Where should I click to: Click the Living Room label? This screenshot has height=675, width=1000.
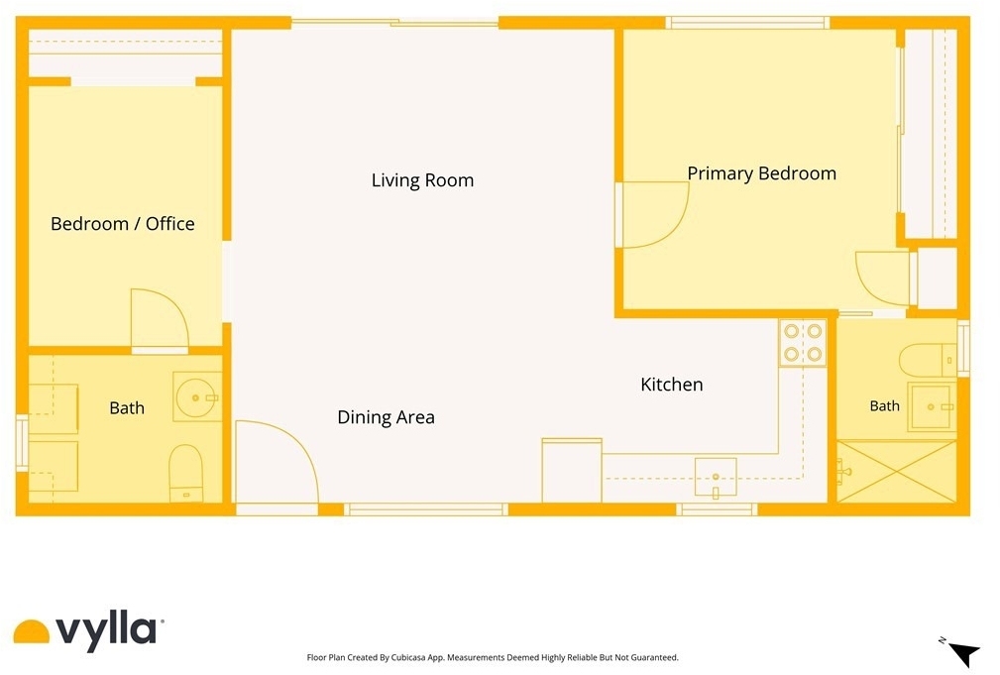(x=422, y=180)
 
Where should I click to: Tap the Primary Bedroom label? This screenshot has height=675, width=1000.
(x=761, y=173)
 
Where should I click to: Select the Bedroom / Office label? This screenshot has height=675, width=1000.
(x=123, y=224)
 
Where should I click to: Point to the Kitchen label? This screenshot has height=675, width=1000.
(x=672, y=384)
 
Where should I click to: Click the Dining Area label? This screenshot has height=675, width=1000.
(x=386, y=417)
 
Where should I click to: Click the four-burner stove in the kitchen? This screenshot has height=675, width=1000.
(x=803, y=342)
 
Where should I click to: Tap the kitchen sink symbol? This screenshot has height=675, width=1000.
(x=716, y=477)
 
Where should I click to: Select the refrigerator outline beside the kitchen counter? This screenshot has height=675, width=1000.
(x=572, y=470)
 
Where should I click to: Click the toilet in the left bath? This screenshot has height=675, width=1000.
(x=185, y=473)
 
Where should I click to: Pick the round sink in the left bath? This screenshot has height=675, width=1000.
(x=197, y=396)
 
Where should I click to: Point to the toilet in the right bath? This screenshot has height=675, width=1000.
(x=928, y=360)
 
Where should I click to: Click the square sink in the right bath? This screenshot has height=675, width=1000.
(x=932, y=407)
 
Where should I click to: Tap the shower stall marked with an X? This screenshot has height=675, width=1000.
(x=897, y=472)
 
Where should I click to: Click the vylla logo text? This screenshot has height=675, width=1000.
(x=106, y=629)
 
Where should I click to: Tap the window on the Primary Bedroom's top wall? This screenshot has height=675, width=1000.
(x=747, y=23)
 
